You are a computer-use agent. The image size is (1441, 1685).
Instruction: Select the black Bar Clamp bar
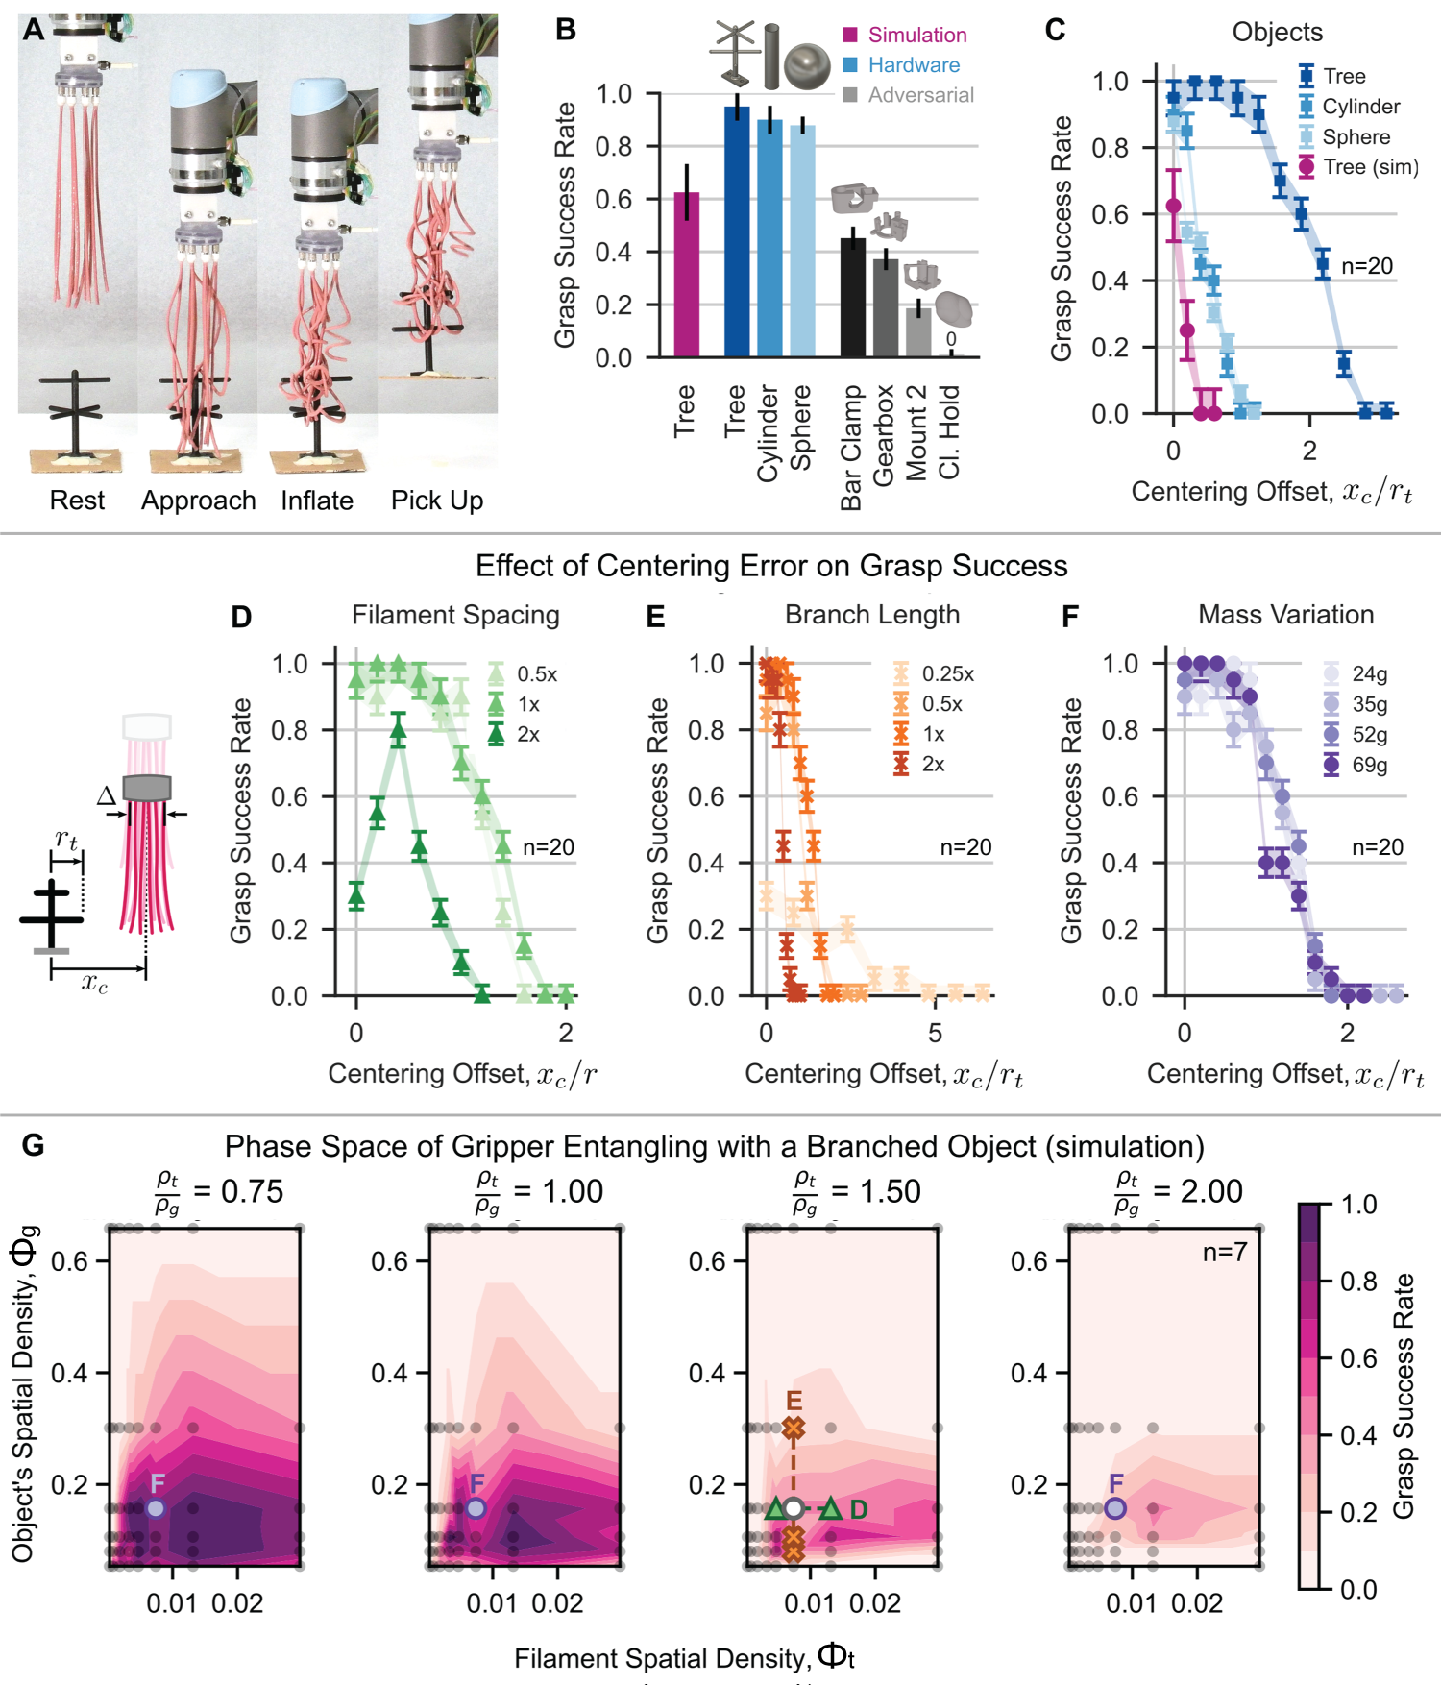pos(852,298)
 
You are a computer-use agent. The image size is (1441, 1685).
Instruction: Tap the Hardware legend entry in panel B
pos(913,65)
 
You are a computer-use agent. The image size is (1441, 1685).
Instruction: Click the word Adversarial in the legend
pos(920,95)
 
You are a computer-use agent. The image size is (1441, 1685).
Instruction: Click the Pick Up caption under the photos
pos(436,501)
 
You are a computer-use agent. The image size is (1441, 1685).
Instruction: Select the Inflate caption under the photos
pos(316,501)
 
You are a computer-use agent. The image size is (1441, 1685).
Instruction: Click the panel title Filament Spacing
pos(455,615)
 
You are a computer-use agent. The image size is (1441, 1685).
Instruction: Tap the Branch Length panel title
pos(871,615)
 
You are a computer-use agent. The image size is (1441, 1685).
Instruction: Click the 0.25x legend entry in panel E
pos(947,673)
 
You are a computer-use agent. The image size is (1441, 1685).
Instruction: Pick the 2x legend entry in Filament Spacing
pos(527,734)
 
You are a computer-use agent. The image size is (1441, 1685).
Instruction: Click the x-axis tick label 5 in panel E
pos(934,1033)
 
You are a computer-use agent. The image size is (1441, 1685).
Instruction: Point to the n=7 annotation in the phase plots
pos(1224,1252)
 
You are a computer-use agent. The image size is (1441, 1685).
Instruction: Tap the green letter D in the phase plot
pos(859,1509)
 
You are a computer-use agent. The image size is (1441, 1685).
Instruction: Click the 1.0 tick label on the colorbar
pos(1358,1205)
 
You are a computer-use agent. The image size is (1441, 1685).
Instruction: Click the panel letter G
pos(33,1145)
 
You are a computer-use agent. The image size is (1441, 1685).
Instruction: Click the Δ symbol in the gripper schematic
pos(107,794)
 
